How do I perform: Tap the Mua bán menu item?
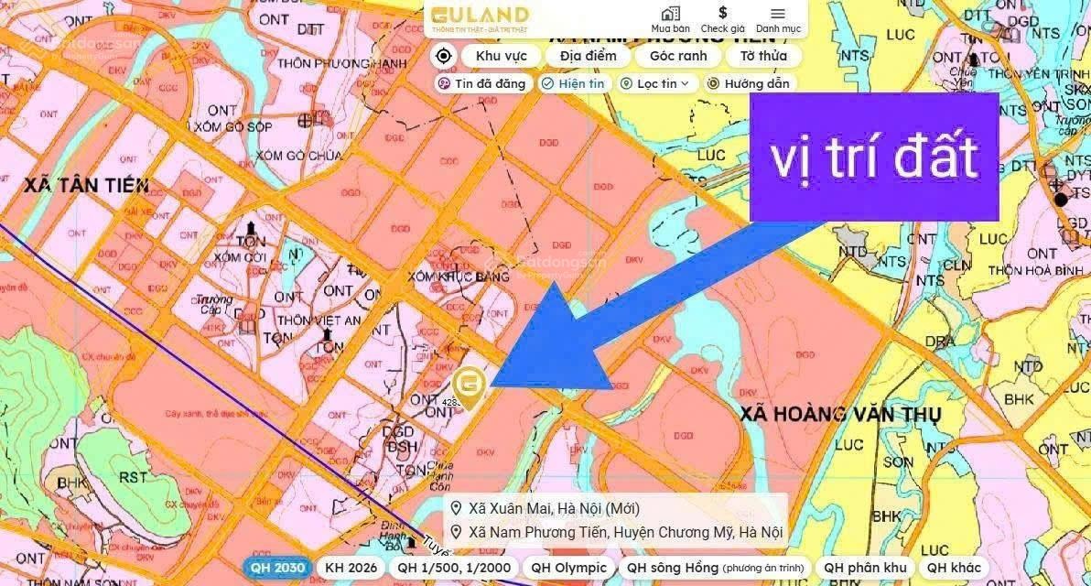[x=670, y=19]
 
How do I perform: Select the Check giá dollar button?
[x=722, y=19]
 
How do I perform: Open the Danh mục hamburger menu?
[x=778, y=19]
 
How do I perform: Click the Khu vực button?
[x=502, y=56]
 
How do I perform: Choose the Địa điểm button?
[x=588, y=56]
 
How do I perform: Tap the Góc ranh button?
[x=678, y=56]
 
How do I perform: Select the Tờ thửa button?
[x=763, y=56]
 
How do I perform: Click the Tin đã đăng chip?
[x=482, y=83]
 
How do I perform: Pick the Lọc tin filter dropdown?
[x=658, y=83]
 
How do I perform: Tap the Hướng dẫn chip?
[x=748, y=83]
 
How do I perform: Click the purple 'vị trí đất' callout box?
[x=873, y=157]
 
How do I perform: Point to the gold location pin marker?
[x=470, y=385]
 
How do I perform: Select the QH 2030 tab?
[x=277, y=568]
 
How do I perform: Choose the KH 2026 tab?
[x=351, y=568]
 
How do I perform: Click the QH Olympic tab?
[x=568, y=568]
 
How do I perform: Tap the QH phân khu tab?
[x=865, y=568]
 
